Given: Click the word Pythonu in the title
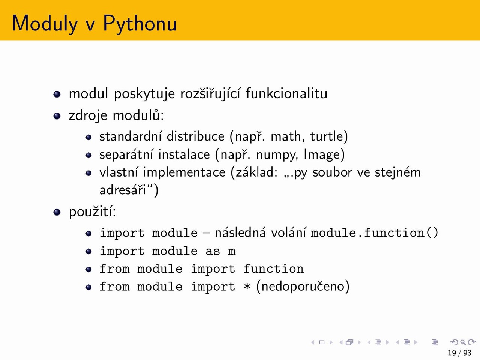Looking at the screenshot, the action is pos(139,24).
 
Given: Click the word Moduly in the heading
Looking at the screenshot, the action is pos(45,24).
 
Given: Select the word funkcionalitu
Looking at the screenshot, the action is pos(286,93).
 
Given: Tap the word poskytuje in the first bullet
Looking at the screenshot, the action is pos(144,94).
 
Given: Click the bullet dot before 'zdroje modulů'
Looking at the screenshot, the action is pos(57,116).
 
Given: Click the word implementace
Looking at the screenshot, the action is pos(184,172).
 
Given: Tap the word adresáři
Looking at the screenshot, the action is pos(123,190).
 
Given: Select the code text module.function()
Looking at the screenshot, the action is pos(374,232).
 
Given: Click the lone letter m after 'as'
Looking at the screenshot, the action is pos(232,252).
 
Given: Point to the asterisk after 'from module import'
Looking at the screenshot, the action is pos(247,286).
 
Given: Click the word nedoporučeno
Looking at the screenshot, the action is pos(303,286).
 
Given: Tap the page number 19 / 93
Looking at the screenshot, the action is pos(459,353).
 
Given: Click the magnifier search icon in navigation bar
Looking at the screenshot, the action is pos(463,342).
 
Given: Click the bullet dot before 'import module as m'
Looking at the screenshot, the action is pos(88,251).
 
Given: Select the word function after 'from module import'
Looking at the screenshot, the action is pos(274,268).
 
